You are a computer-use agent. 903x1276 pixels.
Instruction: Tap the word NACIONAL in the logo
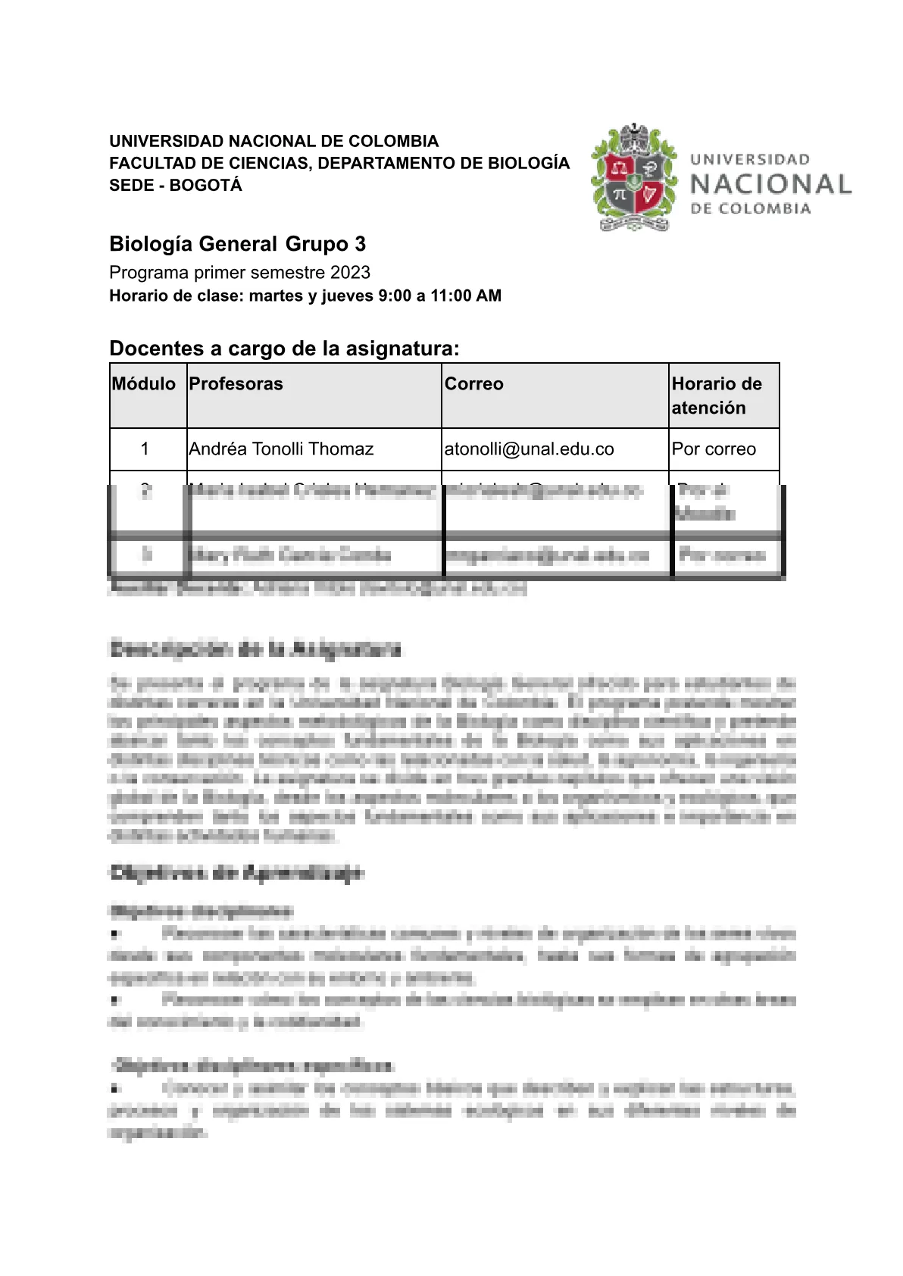pyautogui.click(x=770, y=184)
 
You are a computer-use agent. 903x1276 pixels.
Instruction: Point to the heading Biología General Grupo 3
pyautogui.click(x=237, y=244)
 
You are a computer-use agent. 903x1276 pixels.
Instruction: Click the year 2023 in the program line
pyautogui.click(x=350, y=273)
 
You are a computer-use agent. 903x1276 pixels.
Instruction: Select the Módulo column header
pyautogui.click(x=144, y=384)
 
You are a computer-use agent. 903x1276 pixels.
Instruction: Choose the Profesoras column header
pyautogui.click(x=236, y=384)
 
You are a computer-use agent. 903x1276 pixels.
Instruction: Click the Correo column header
pyautogui.click(x=473, y=384)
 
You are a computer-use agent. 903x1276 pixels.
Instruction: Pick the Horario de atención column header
pyautogui.click(x=716, y=396)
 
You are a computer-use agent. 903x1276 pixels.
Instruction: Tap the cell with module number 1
pyautogui.click(x=145, y=449)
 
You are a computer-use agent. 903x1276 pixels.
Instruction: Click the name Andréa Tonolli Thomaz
pyautogui.click(x=281, y=449)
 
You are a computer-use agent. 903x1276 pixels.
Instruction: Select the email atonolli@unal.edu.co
pyautogui.click(x=529, y=449)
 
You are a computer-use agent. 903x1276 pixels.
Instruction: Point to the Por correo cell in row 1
pyautogui.click(x=714, y=449)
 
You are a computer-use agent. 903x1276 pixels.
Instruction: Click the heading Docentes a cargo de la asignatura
pyautogui.click(x=284, y=349)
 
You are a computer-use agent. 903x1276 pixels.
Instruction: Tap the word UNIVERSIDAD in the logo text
pyautogui.click(x=749, y=160)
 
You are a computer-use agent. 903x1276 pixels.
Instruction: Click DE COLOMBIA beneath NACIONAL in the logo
pyautogui.click(x=750, y=209)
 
